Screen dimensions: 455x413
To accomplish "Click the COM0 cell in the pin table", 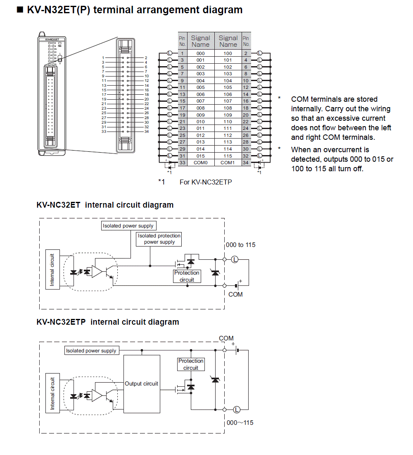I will [200, 163].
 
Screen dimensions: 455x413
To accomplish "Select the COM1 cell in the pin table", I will [228, 163].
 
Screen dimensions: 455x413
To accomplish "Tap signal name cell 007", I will [200, 101].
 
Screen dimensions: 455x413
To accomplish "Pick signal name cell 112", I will [228, 135].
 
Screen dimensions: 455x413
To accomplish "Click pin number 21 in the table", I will [182, 122].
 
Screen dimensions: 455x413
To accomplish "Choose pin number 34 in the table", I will [246, 163].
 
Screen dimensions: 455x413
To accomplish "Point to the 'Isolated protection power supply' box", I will [159, 239].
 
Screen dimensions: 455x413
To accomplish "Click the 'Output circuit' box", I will [142, 383].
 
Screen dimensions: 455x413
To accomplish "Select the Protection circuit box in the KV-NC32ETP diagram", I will [191, 364].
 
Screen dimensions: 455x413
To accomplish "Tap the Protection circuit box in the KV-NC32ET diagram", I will [187, 276].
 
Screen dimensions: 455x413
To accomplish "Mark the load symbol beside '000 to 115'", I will [235, 259].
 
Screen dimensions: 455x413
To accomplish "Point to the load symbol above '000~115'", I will [237, 409].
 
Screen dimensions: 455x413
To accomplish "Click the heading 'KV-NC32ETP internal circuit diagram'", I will [108, 322].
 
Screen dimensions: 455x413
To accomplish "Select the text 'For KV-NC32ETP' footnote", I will [206, 182].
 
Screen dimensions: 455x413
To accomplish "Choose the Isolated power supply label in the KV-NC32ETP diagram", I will [91, 350].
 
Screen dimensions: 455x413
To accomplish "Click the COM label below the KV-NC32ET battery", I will [235, 294].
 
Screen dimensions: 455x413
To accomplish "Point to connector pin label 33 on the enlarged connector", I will [104, 132].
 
